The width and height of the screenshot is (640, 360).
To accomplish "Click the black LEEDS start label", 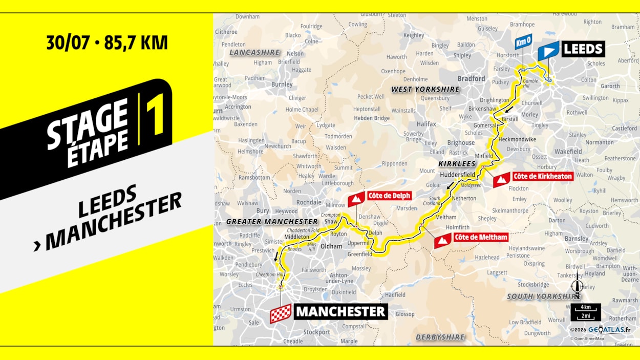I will coord(583,50).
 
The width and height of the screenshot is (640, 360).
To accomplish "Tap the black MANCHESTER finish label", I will coord(340,311).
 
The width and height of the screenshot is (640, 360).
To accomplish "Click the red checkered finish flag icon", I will coord(281,313).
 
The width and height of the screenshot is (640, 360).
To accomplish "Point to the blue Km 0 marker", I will coord(523,41).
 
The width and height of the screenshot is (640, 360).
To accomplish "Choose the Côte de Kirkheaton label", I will coord(542,176).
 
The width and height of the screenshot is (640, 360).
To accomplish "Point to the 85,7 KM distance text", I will coord(136,43).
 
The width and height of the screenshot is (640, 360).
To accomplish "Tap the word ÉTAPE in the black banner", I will coord(97,149).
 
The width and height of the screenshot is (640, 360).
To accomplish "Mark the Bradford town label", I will coord(471,78).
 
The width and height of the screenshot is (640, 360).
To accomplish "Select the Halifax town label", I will coord(426,124).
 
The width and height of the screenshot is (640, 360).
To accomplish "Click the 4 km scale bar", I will coord(586,312).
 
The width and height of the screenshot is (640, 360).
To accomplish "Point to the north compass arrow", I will coord(578,285).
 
